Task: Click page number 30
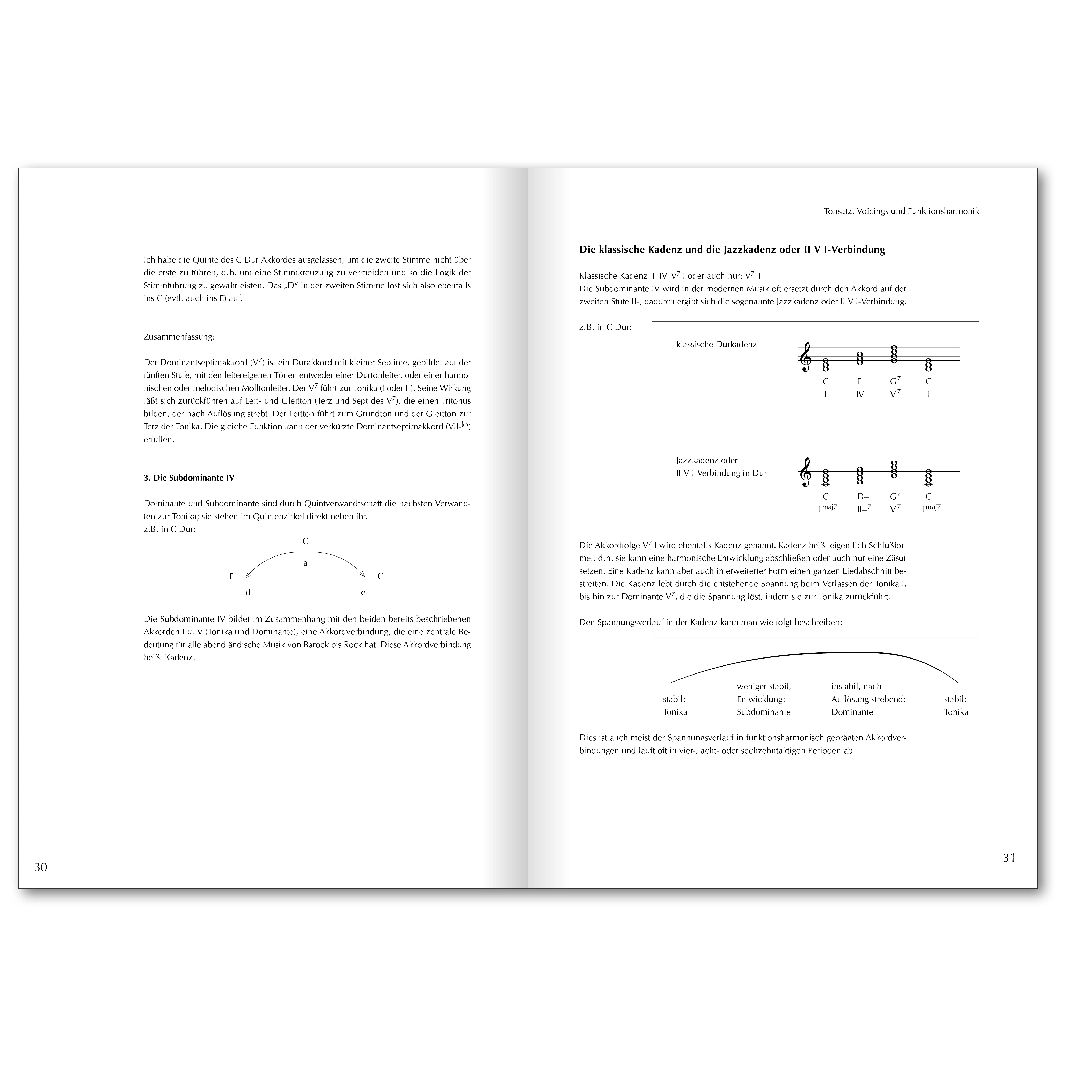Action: coord(41,867)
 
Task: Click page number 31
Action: coord(1009,858)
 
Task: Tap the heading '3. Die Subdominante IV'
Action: coord(189,478)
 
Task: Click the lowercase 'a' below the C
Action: coord(305,563)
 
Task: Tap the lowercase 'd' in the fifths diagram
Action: coord(248,593)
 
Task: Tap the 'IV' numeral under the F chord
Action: coord(860,394)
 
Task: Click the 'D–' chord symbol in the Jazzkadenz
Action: coord(863,497)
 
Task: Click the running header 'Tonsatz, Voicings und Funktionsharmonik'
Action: coord(901,211)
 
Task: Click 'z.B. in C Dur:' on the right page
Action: coord(605,327)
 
